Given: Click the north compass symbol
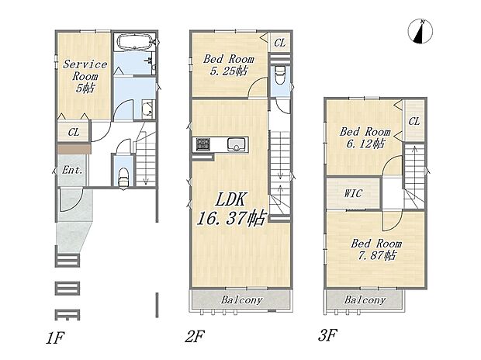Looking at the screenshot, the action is [x=420, y=32].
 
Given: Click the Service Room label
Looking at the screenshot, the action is [x=85, y=76].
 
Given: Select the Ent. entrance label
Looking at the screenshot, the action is [x=72, y=170].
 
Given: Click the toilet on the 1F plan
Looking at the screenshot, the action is [x=123, y=176].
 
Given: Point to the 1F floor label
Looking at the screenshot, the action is [x=54, y=337].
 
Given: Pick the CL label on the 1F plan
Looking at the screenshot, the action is [x=74, y=132].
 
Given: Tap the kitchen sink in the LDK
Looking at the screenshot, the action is [x=237, y=144].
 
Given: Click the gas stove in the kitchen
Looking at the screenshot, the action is [x=202, y=144].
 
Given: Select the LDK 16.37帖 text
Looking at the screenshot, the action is [x=230, y=209].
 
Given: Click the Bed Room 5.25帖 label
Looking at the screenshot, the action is [x=229, y=64].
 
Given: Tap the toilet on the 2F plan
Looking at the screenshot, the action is [x=280, y=75].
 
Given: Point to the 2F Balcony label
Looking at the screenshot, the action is [x=242, y=299].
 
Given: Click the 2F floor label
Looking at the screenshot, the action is [x=195, y=336].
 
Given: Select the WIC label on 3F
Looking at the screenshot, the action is [x=353, y=193].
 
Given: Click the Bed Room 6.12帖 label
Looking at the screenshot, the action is [x=365, y=137].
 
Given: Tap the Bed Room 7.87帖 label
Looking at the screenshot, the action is [x=376, y=249].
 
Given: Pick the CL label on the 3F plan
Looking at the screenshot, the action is [x=414, y=122].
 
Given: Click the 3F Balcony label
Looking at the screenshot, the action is [x=365, y=299].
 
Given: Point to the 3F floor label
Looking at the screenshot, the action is [x=328, y=335].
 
